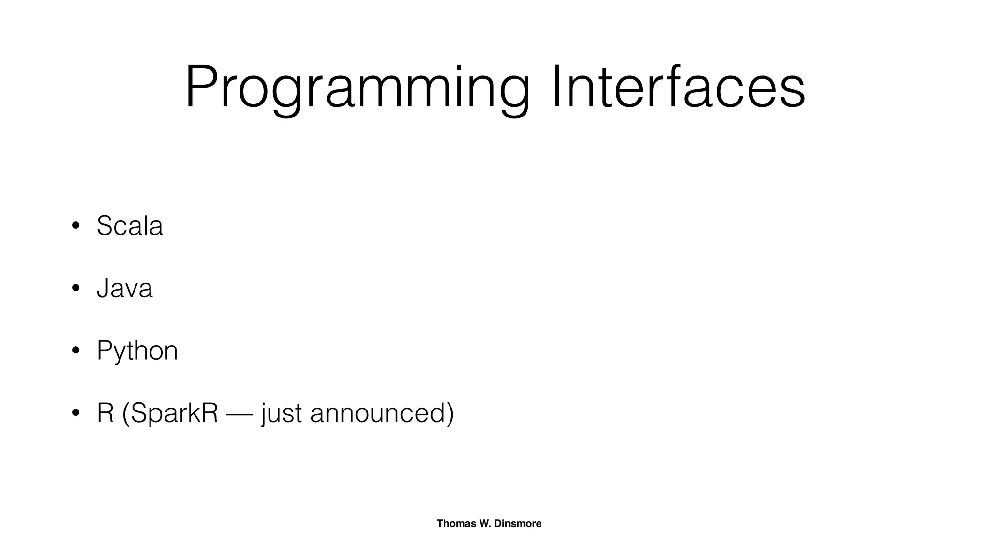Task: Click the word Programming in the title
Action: click(x=357, y=88)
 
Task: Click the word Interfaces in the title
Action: click(x=677, y=88)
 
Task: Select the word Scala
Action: click(x=130, y=225)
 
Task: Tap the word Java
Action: click(x=124, y=288)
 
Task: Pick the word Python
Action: click(x=137, y=351)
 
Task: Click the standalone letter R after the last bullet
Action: click(x=105, y=413)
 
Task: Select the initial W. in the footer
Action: click(x=485, y=523)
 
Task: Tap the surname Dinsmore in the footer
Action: click(x=518, y=523)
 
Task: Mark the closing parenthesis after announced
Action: click(x=450, y=414)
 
